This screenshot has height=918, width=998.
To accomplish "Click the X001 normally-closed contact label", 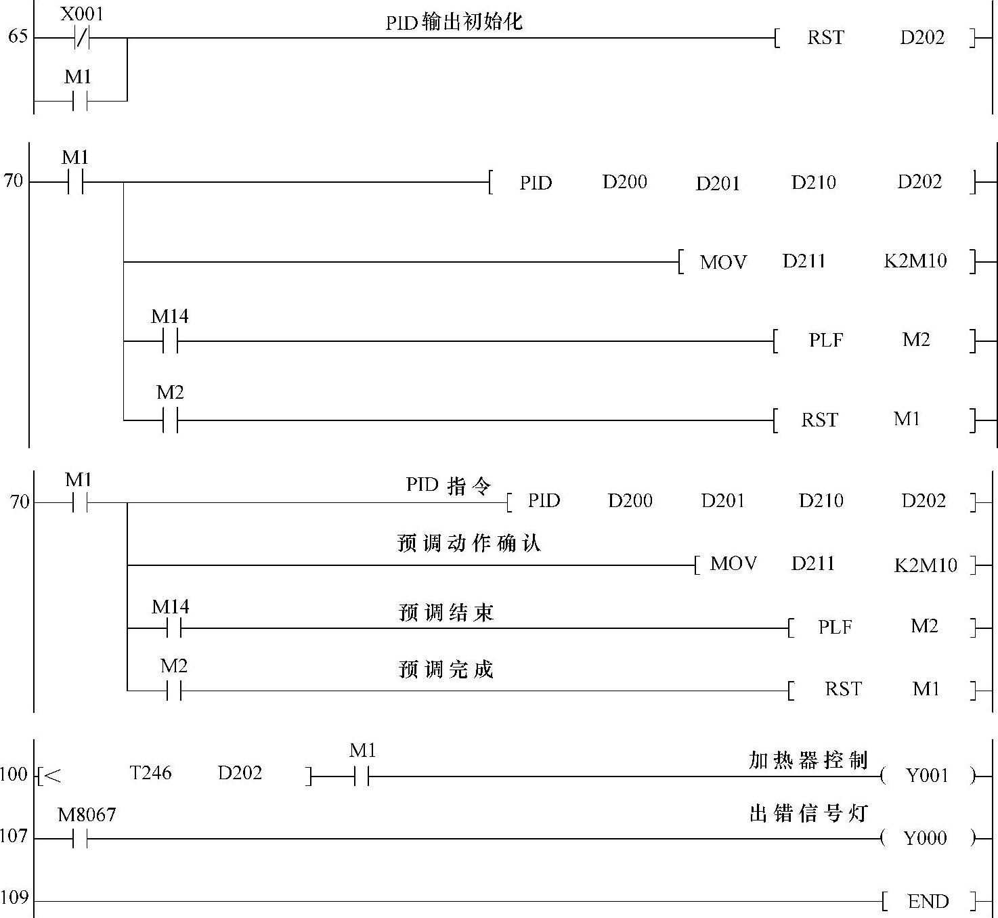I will point(82,14).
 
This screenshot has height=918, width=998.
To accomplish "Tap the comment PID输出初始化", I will point(454,22).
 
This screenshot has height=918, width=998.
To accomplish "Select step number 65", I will point(18,36).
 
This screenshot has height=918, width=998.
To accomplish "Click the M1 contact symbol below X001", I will point(80,101).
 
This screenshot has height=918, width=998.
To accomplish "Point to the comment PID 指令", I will point(448,485).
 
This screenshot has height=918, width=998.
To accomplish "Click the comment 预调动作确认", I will point(469,544).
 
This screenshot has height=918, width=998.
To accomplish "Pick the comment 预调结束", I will point(446,613).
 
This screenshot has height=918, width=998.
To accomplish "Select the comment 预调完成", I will point(446,670).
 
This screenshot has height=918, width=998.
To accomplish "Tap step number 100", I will point(14,774).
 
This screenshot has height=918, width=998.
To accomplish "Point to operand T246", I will point(150,773).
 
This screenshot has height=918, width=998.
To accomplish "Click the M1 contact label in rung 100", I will point(362,751).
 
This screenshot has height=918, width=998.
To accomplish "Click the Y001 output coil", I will point(927,776).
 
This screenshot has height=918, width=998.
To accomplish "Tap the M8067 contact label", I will point(87,814).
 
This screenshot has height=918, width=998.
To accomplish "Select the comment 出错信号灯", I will point(808,813).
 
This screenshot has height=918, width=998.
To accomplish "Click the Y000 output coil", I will point(926,838).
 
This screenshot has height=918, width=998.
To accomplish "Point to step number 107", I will point(14,836).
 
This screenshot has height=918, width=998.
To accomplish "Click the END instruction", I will point(928,901).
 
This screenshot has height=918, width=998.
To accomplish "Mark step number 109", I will point(14,898).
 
